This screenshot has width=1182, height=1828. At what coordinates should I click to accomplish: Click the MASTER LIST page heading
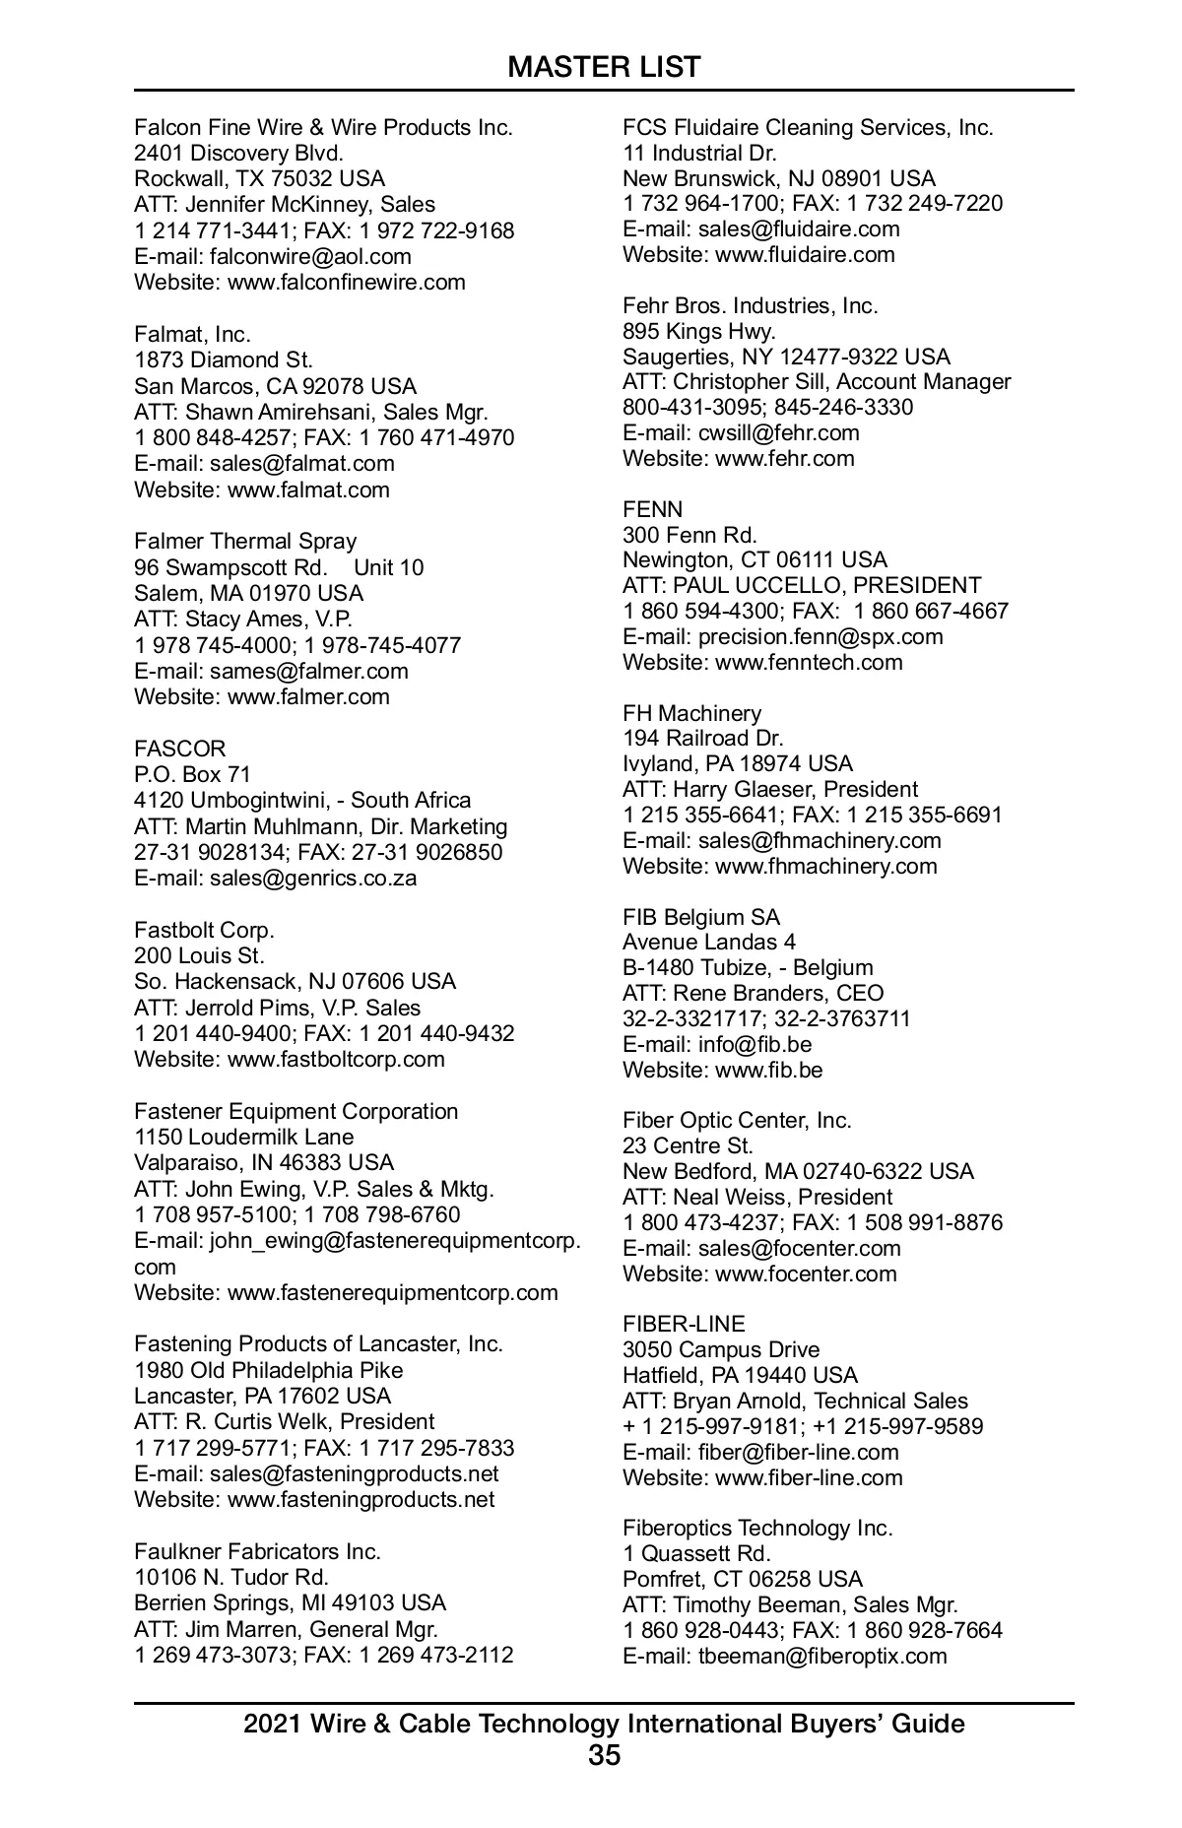[x=604, y=67]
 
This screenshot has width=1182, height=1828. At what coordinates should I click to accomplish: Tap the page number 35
[x=604, y=1754]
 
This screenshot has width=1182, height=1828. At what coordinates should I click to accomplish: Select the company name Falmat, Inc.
[x=192, y=334]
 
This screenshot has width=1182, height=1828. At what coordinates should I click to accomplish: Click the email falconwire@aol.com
[x=310, y=256]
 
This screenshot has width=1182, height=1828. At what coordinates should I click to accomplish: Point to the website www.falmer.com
[x=308, y=696]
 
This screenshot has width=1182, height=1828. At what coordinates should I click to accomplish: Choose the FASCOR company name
[x=179, y=749]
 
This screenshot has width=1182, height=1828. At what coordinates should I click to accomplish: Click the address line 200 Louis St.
[x=199, y=955]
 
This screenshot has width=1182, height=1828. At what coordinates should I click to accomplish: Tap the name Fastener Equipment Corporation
[x=295, y=1111]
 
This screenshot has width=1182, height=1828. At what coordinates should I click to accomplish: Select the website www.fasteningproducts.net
[x=361, y=1499]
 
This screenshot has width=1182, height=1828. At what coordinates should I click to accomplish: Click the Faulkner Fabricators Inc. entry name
[x=257, y=1551]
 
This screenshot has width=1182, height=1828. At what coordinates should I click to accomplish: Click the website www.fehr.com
[x=784, y=458]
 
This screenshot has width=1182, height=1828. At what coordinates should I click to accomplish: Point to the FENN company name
[x=652, y=509]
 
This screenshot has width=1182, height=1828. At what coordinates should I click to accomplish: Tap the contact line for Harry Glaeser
[x=769, y=789]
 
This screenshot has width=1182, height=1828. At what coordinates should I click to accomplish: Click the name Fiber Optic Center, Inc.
[x=737, y=1120]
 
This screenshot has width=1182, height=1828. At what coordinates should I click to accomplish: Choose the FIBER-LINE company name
[x=684, y=1324]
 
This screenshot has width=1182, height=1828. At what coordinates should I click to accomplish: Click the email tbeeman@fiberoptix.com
[x=822, y=1656]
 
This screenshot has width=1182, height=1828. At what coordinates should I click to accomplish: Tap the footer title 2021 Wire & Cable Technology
[x=604, y=1724]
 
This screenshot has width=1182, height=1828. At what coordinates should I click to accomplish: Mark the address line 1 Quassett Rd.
[x=696, y=1553]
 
